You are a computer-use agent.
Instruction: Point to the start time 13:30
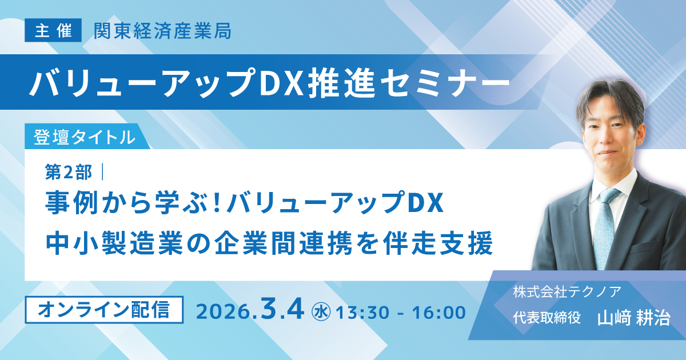360,313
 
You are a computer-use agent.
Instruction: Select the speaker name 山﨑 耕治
633,318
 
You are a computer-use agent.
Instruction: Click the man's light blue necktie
608,223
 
